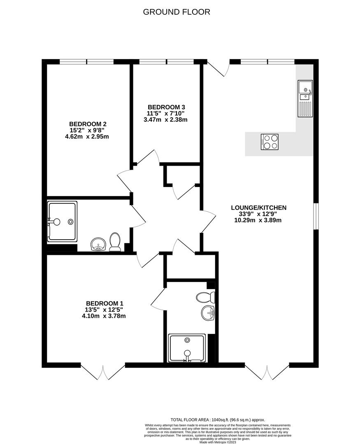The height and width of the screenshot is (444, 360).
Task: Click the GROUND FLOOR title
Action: (177, 12)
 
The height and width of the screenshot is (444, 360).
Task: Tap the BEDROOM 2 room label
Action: (88, 124)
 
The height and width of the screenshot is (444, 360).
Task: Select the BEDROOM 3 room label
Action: (166, 107)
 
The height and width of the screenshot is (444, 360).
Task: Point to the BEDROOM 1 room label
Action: (105, 303)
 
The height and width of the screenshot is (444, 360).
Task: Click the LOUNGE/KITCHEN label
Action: (259, 208)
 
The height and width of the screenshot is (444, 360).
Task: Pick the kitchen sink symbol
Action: (305, 98)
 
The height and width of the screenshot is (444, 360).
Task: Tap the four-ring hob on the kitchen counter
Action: (269, 141)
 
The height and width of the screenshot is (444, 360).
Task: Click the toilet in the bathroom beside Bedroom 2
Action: (115, 242)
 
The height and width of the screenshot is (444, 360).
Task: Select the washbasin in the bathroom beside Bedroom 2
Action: (98, 244)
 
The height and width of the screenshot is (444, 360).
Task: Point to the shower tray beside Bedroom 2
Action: (62, 222)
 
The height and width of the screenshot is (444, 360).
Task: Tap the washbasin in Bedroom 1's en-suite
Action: (208, 314)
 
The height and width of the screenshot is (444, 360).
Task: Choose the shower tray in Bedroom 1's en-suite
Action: (187, 348)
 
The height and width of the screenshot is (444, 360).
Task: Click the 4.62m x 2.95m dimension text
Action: (87, 136)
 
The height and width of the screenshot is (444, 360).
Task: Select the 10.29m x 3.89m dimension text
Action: (258, 220)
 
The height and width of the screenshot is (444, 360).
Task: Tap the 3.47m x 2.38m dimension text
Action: (165, 120)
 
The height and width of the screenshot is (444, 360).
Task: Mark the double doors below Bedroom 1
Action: (102, 372)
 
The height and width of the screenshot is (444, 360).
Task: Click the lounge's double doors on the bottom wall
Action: (267, 372)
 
